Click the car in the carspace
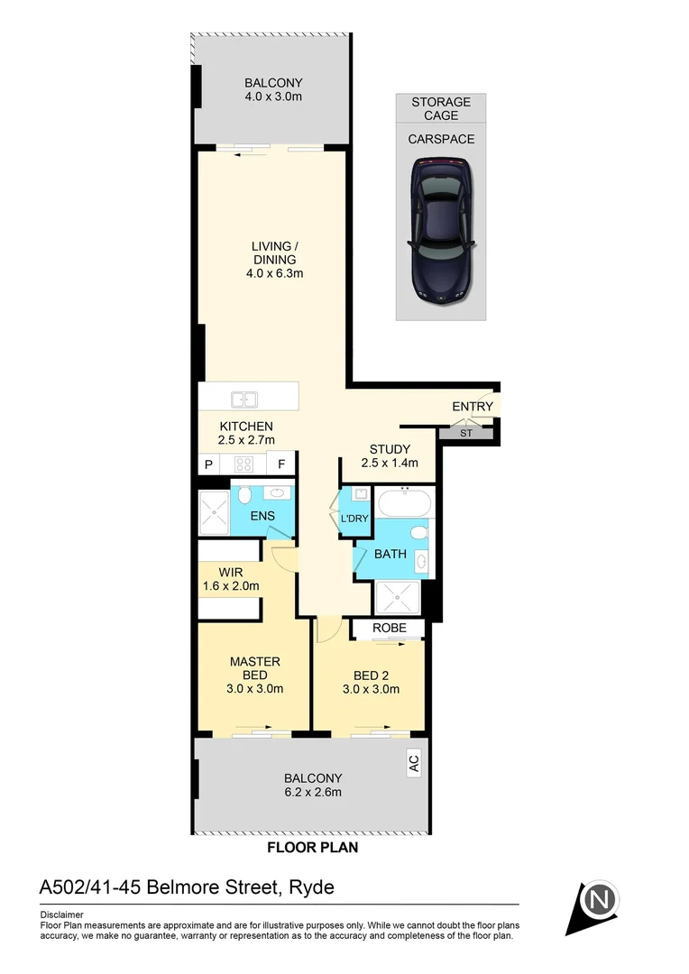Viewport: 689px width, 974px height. [441, 232]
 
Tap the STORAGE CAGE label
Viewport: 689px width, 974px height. [441, 109]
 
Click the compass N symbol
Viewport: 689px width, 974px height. [602, 900]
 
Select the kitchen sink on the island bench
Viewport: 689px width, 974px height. [243, 399]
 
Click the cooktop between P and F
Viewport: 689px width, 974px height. [243, 464]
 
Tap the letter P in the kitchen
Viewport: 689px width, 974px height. [208, 464]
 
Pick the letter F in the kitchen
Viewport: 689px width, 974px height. [281, 464]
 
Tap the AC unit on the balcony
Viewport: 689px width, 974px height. [413, 765]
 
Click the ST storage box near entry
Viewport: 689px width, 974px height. [466, 434]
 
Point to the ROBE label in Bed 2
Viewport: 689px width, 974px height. [388, 628]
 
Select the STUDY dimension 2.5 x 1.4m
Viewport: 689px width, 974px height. [390, 464]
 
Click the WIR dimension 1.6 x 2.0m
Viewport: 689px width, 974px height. [232, 586]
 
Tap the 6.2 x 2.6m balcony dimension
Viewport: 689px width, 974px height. [313, 793]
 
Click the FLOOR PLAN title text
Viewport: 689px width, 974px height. [313, 848]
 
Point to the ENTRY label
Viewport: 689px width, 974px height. [473, 407]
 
